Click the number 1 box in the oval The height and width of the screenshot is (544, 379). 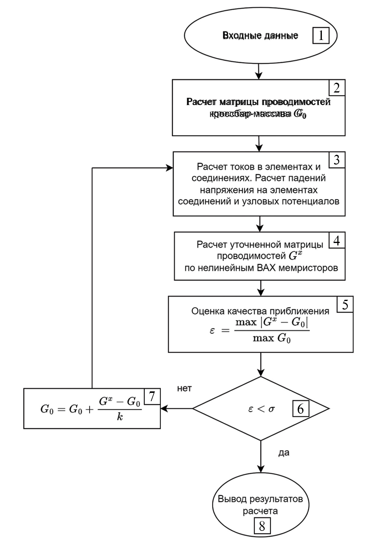[x=321, y=35]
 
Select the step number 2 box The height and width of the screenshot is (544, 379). [x=337, y=88]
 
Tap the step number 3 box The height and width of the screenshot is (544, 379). [x=337, y=160]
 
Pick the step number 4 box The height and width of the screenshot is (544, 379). [x=337, y=240]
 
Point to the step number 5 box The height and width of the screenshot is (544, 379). [x=345, y=304]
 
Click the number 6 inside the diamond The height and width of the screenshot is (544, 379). [x=300, y=409]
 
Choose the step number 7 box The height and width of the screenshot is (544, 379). [x=152, y=397]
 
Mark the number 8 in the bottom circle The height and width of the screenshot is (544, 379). [x=262, y=526]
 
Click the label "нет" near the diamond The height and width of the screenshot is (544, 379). [x=184, y=388]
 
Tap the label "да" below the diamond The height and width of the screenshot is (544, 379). [x=284, y=452]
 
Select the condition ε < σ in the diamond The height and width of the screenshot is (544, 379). [x=261, y=409]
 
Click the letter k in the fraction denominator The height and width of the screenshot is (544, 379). [x=120, y=417]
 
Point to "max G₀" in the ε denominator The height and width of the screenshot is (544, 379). [x=271, y=338]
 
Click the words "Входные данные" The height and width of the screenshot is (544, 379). [x=260, y=35]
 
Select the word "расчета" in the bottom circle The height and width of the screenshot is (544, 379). [x=260, y=511]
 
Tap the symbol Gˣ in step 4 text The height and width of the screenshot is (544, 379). [x=295, y=256]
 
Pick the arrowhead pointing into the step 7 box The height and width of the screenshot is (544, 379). [x=164, y=408]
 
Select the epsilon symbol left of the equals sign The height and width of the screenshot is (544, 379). [x=212, y=330]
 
